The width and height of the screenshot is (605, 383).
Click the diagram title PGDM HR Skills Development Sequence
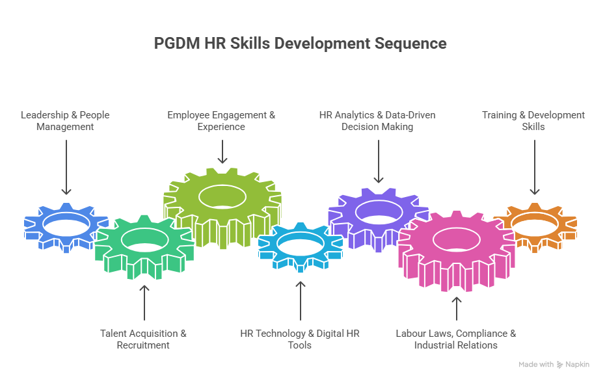[x=300, y=44]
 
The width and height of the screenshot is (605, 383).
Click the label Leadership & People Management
[x=65, y=121]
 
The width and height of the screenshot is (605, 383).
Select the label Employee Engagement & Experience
[x=221, y=121]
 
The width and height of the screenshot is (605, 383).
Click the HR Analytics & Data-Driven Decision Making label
[x=377, y=121]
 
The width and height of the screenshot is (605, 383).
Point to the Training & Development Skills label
[x=533, y=121]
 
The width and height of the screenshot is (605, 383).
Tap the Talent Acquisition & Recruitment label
[x=143, y=339]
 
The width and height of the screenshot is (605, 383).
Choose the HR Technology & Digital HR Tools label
[x=300, y=339]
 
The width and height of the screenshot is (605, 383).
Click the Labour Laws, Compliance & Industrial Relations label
[x=456, y=339]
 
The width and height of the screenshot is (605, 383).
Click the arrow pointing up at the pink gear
[x=456, y=308]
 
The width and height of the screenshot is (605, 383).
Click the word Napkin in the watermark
[x=577, y=365]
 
